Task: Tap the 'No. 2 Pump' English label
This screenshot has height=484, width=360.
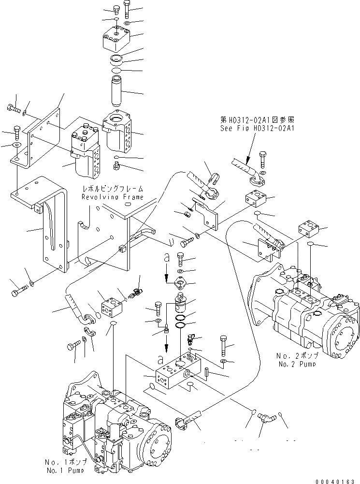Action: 297,364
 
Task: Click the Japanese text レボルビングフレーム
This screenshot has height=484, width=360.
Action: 113,189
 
